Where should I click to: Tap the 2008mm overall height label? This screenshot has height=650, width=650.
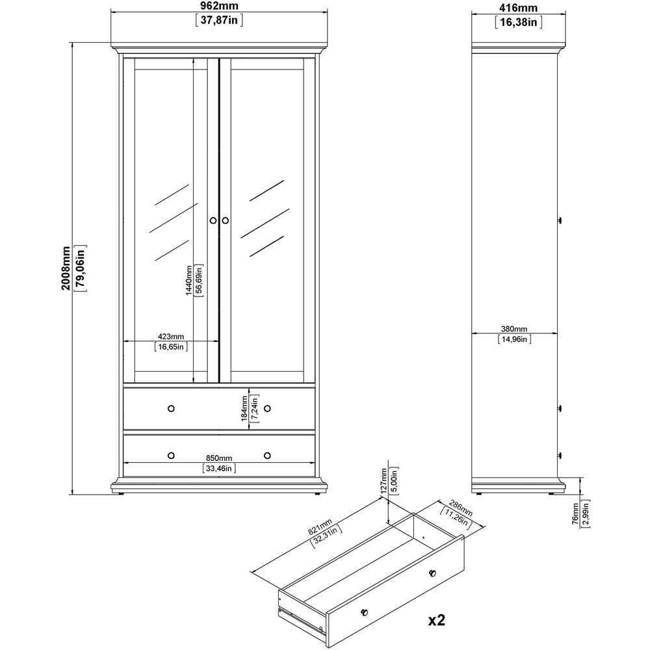pyautogui.click(x=66, y=268)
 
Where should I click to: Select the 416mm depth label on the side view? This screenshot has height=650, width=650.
pyautogui.click(x=518, y=8)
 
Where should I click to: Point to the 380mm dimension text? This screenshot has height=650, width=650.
pyautogui.click(x=514, y=329)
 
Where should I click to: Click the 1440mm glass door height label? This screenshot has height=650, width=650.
pyautogui.click(x=188, y=280)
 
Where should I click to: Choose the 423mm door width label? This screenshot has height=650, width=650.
pyautogui.click(x=171, y=337)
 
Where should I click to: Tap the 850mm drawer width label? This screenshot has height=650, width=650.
pyautogui.click(x=219, y=458)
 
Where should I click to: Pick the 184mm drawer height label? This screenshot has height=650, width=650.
pyautogui.click(x=244, y=408)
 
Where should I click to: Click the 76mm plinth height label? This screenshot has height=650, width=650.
pyautogui.click(x=575, y=514)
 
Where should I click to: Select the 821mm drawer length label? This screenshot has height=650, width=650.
pyautogui.click(x=320, y=526)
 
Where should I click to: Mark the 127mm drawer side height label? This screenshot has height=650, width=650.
pyautogui.click(x=384, y=480)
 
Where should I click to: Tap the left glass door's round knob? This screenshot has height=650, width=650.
pyautogui.click(x=213, y=220)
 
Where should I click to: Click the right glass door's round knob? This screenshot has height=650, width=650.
pyautogui.click(x=225, y=220)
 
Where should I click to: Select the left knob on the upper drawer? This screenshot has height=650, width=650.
pyautogui.click(x=171, y=408)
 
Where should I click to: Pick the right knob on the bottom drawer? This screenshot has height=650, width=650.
pyautogui.click(x=267, y=456)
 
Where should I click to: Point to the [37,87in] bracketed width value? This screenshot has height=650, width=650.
pyautogui.click(x=219, y=20)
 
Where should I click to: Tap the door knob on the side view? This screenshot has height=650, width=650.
pyautogui.click(x=560, y=220)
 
